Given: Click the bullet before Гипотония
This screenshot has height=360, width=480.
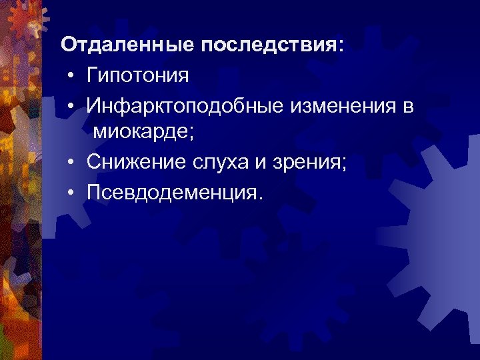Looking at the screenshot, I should pos(70,76).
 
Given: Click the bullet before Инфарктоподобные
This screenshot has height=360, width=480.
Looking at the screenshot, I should pos(70,106).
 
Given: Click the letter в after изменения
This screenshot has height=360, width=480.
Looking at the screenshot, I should pos(408,106).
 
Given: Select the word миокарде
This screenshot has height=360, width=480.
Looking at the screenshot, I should pos(141,133).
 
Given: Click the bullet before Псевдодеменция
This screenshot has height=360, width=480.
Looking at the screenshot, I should pos(70,193).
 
